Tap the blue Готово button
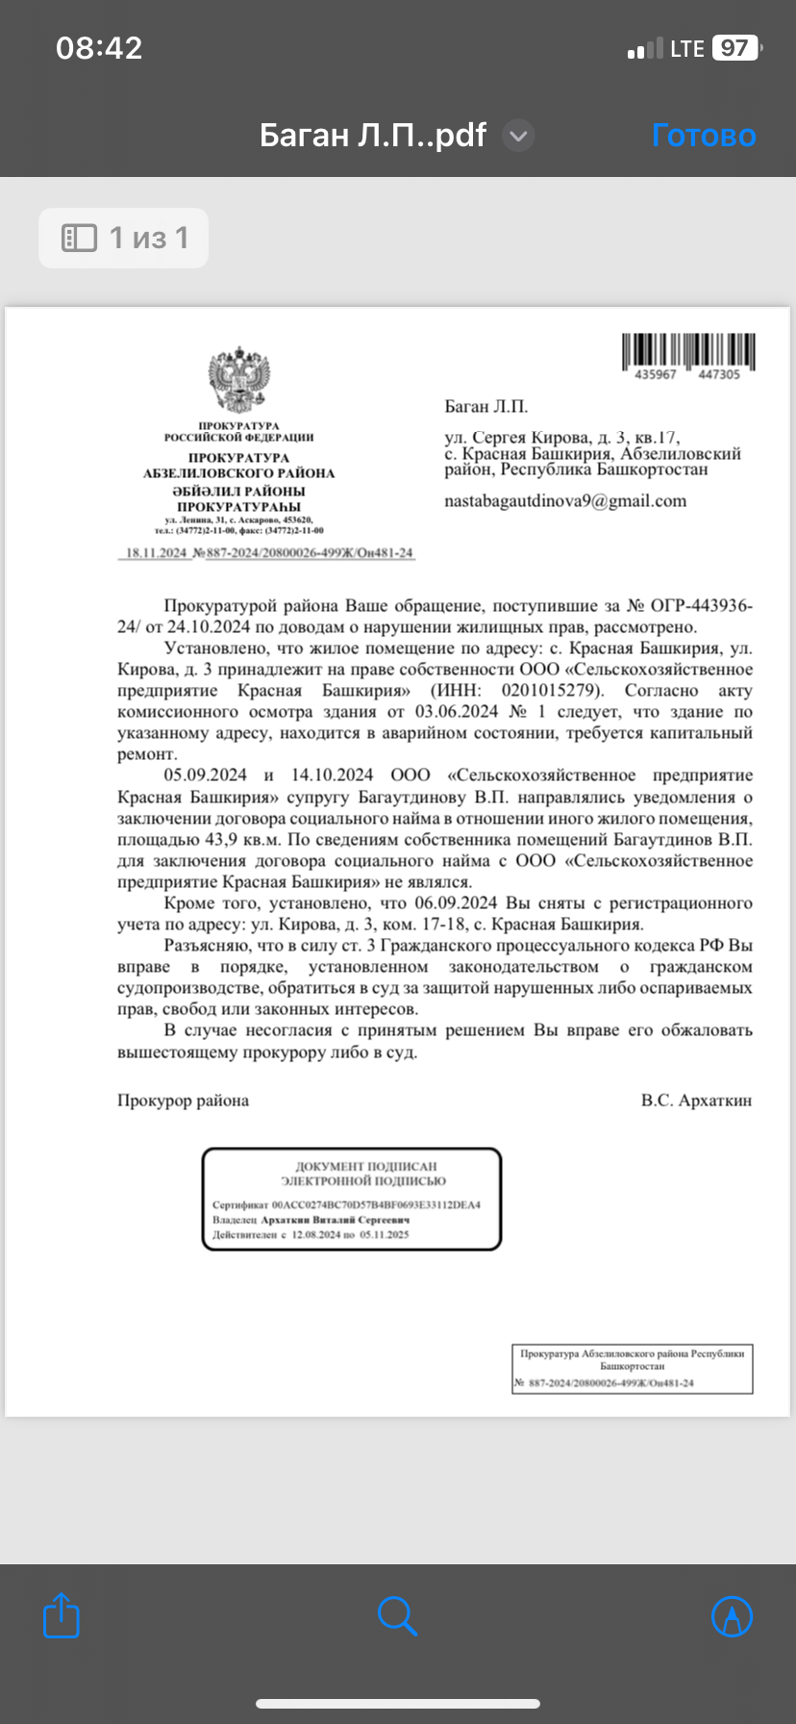704,136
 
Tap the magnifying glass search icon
397,1616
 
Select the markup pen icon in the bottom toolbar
732,1616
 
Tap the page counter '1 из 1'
124,238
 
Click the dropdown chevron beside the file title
518,136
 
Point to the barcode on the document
687,352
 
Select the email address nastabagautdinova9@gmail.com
565,501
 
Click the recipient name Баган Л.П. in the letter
486,406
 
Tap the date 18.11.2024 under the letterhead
157,553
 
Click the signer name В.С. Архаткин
696,1101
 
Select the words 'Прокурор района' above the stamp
183,1101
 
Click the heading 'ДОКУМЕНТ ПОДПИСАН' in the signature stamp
365,1166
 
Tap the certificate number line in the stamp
346,1204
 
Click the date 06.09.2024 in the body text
456,903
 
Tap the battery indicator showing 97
736,48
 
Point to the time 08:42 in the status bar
99,48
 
